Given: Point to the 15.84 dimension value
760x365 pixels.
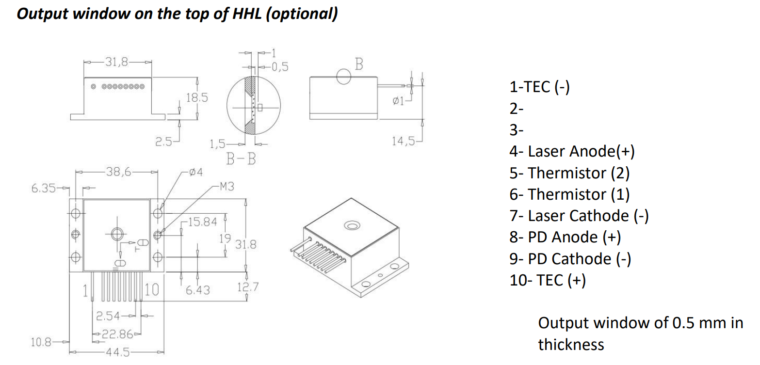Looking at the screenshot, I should [202, 222].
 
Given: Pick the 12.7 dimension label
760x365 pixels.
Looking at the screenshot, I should [247, 287].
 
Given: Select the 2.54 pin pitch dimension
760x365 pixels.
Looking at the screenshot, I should [108, 316].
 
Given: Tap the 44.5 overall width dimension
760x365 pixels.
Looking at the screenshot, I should [118, 352].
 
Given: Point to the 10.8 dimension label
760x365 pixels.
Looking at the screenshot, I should [41, 342].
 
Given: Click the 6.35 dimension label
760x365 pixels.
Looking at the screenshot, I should [44, 188].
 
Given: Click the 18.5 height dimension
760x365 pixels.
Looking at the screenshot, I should [197, 97].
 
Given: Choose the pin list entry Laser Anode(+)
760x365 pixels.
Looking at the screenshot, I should [572, 152].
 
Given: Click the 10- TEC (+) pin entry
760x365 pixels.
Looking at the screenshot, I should [548, 280].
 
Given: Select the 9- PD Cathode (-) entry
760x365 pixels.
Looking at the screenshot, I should [570, 258].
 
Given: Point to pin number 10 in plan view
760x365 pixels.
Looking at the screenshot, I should [152, 290].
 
